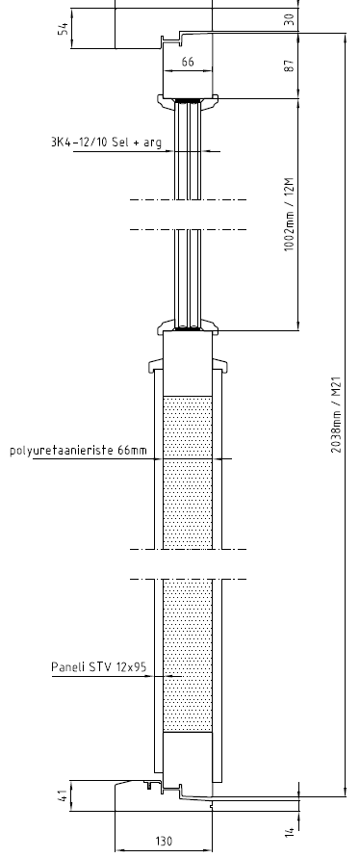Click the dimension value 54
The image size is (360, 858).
[x=64, y=29]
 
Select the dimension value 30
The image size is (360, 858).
[x=290, y=18]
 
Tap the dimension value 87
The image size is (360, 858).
[x=290, y=65]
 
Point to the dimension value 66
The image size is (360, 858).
[x=188, y=62]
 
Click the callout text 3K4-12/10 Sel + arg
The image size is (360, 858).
[x=106, y=143]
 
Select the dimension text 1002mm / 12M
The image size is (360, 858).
[x=290, y=214]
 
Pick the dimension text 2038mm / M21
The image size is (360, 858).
[x=337, y=414]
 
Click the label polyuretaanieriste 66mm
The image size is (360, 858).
[x=78, y=451]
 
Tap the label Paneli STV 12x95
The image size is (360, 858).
[x=99, y=667]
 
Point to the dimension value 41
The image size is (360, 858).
[x=64, y=795]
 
